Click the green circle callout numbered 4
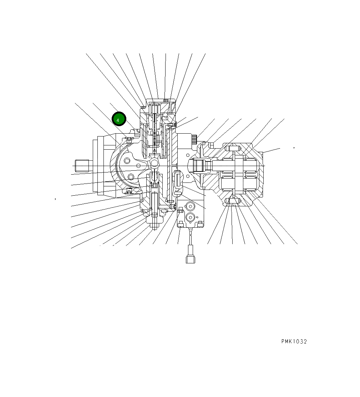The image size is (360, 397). (x=119, y=119)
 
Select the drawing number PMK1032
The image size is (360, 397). (x=294, y=341)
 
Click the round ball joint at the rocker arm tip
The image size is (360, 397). (x=154, y=163)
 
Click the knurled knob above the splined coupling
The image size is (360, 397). (x=194, y=139)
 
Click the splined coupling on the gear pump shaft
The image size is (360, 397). (x=199, y=165)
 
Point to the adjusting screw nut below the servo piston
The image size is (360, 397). (x=154, y=225)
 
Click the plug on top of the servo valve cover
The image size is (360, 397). (x=165, y=100)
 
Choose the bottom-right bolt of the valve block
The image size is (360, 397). (x=200, y=223)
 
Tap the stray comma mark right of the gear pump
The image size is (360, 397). (x=294, y=147)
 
